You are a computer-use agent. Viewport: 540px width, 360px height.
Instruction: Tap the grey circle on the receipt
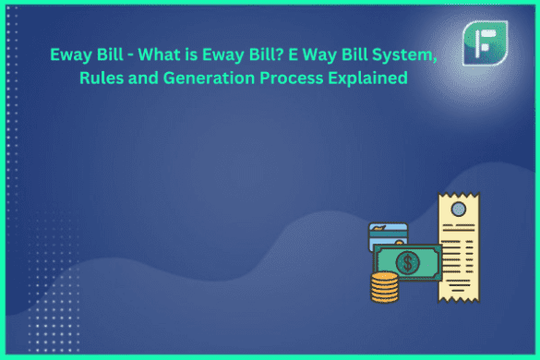point(459,210)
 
